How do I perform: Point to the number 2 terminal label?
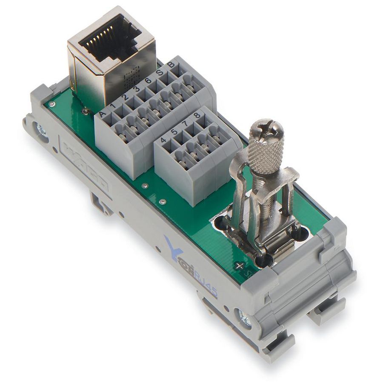click(x=126, y=97)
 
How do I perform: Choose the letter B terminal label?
click(x=170, y=65)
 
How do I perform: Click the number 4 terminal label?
click(x=163, y=140)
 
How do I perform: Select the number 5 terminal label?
click(x=174, y=132)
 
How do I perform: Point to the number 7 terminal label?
click(x=186, y=123)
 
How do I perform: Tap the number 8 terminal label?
click(x=197, y=115)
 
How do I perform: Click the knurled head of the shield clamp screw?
click(x=266, y=147)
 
